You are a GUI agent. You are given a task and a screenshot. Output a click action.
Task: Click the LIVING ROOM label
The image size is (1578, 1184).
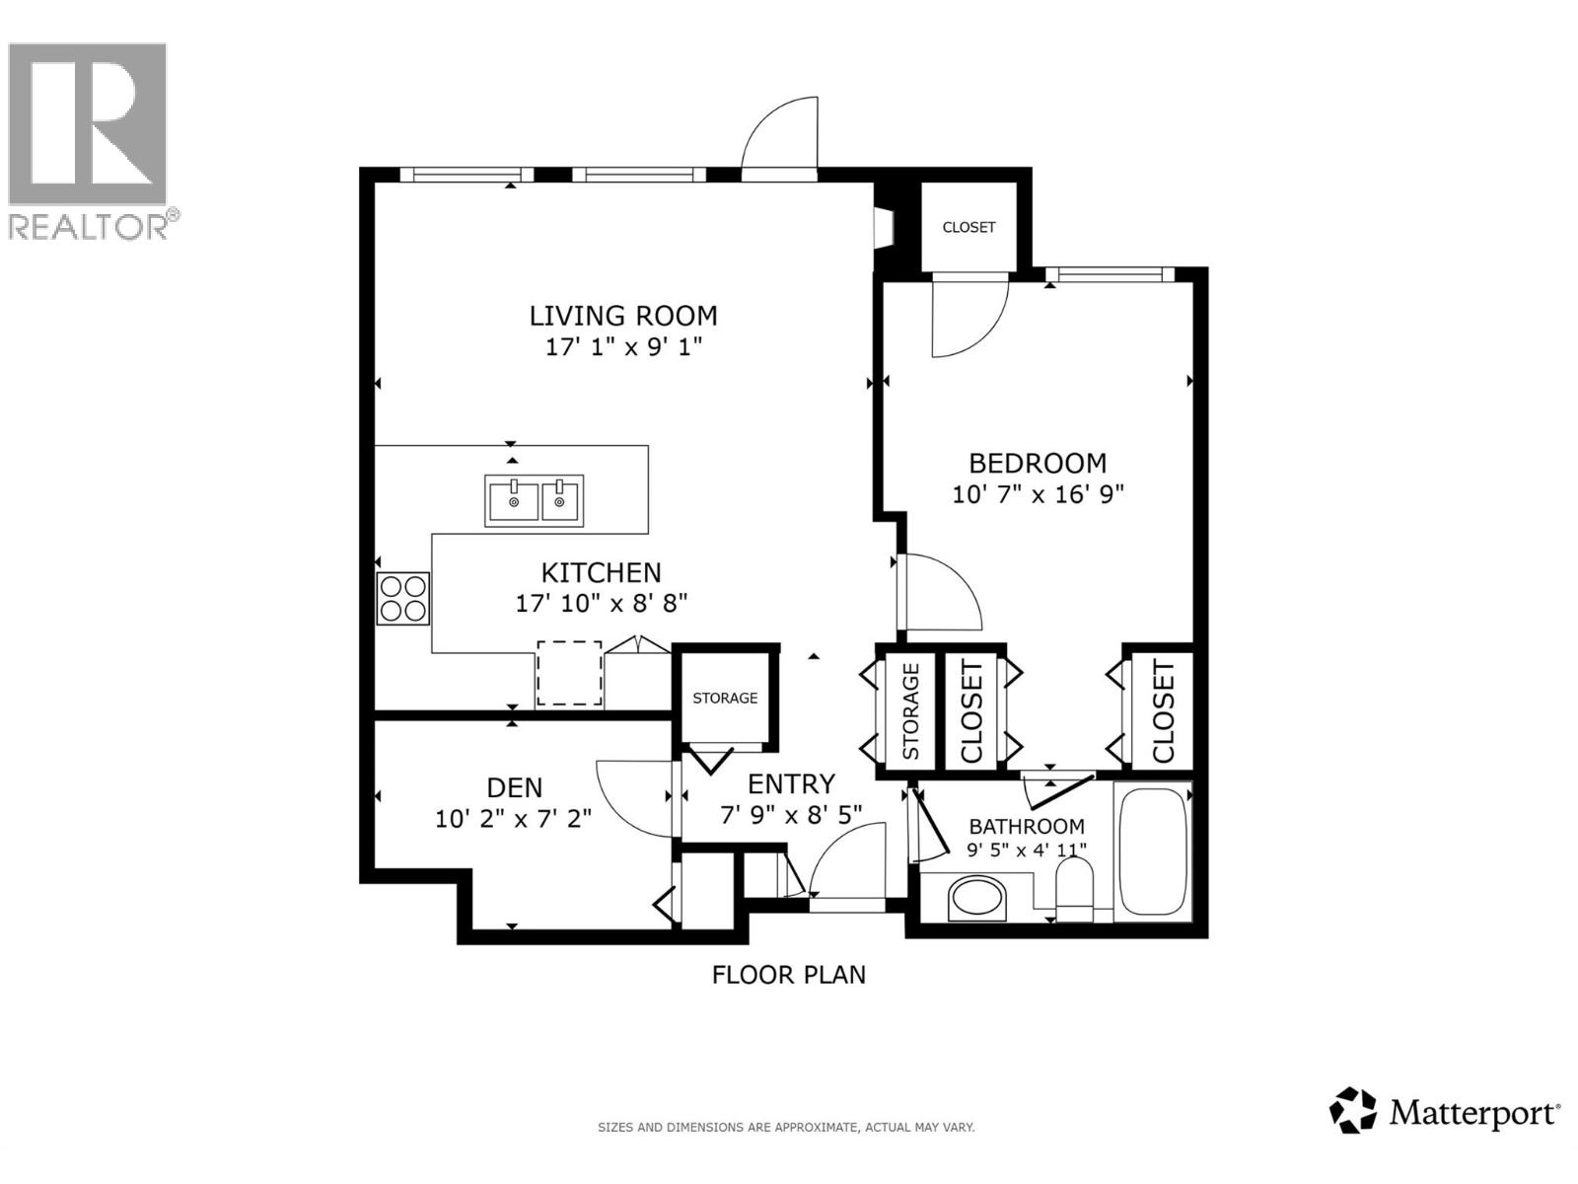[623, 316]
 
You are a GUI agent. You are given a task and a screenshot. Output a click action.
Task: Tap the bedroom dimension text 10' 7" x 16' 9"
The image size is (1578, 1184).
[1038, 494]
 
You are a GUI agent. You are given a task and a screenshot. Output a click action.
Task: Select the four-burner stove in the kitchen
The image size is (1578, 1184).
[403, 598]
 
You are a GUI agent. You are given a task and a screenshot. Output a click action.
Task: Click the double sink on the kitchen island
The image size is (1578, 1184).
[535, 498]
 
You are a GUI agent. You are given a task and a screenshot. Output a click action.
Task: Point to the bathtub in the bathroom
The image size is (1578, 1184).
[1153, 851]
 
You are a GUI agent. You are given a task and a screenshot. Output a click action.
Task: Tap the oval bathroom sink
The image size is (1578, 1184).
[976, 899]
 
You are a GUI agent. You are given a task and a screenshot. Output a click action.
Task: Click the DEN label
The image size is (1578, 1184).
[514, 787]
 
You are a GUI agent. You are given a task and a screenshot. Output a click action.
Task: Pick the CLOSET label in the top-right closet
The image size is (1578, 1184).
[968, 227]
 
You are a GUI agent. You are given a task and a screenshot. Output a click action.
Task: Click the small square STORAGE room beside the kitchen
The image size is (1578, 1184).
[725, 698]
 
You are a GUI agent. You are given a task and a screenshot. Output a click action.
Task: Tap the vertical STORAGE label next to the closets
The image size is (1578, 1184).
[909, 710]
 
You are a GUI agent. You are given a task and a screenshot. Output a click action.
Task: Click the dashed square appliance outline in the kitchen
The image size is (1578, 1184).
[569, 673]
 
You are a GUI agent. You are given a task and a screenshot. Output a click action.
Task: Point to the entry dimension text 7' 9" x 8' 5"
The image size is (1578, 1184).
[791, 814]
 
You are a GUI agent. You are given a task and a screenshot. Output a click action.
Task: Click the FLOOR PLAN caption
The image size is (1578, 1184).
[789, 975]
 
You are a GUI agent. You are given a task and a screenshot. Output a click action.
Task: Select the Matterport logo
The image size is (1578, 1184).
[1445, 1114]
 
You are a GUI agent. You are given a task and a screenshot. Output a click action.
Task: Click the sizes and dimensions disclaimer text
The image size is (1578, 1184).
[786, 1127]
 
